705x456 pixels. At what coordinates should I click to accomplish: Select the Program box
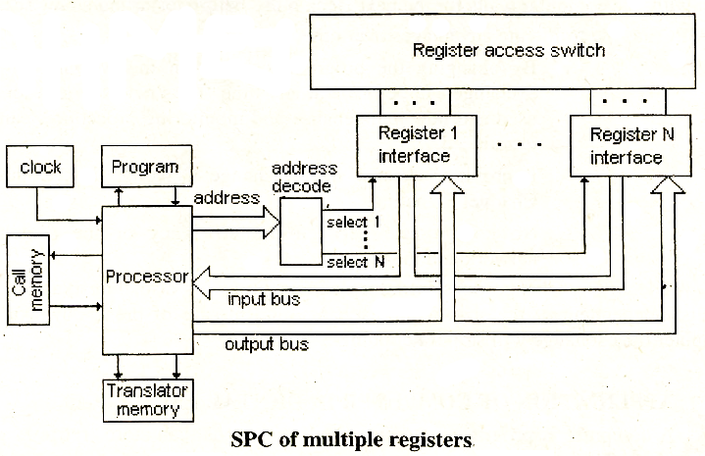pos(144,167)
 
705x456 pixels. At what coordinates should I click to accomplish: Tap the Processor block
pos(146,277)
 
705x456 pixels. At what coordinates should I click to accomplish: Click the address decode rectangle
pos(300,231)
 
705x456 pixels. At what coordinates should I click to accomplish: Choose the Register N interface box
pos(625,144)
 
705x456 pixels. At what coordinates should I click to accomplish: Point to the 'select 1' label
pos(355,222)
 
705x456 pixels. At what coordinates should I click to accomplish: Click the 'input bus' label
pos(263,298)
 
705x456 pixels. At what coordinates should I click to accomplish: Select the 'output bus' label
pos(267,344)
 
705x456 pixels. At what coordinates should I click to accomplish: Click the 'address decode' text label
pos(304,177)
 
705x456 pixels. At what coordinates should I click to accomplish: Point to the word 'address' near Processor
pos(227,197)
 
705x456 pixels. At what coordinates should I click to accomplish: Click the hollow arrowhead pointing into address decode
pos(270,227)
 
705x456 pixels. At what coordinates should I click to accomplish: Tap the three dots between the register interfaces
pos(517,144)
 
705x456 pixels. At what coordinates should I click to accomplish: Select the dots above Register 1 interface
pos(405,101)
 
